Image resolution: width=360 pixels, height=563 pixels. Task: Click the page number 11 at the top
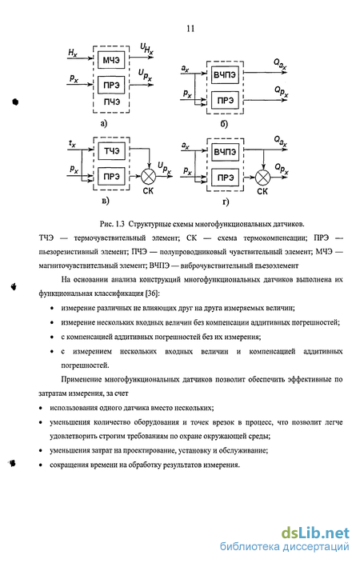[190, 29]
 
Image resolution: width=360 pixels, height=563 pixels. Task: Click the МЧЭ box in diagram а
[111, 60]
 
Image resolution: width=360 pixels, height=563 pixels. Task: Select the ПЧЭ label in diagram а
[112, 102]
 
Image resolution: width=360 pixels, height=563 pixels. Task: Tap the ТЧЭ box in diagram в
[111, 151]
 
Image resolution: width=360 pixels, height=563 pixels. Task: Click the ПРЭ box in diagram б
[225, 100]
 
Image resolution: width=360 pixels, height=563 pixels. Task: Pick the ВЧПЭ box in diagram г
[225, 152]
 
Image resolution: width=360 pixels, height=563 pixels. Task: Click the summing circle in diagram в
[148, 176]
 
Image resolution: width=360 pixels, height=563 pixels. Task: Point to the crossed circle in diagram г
[262, 177]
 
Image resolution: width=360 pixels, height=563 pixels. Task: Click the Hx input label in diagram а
[73, 53]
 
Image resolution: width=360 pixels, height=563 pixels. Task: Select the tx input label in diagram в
[72, 144]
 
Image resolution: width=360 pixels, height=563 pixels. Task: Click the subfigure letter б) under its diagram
[224, 124]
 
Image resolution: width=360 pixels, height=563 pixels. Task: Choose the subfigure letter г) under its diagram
[226, 202]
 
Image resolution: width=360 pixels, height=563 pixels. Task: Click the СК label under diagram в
[148, 190]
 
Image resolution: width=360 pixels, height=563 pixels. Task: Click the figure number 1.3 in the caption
[120, 224]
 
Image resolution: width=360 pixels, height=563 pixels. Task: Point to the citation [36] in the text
[152, 293]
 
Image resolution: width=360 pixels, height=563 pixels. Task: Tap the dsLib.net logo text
[315, 533]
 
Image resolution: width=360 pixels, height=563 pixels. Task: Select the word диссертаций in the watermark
[316, 547]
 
